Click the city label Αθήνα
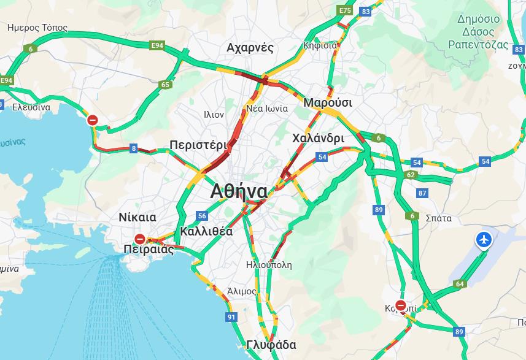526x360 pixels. pos(239,191)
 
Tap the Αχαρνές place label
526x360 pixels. pos(250,48)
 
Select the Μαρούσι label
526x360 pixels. pos(328,102)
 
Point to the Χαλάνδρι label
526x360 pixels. pos(319,138)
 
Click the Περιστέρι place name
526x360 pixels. pos(198,145)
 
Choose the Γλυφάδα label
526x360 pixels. pos(271,345)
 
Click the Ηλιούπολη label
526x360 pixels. pos(269,265)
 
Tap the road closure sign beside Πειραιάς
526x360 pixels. pos(140,239)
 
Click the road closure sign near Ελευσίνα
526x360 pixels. pos(93,120)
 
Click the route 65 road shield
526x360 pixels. pos(164,85)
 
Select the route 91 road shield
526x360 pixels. pos(231,317)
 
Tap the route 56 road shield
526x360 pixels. pos(202,216)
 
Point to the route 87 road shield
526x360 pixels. pos(422,193)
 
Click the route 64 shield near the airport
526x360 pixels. pos(459,284)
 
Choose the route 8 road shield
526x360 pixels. pos(134,148)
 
